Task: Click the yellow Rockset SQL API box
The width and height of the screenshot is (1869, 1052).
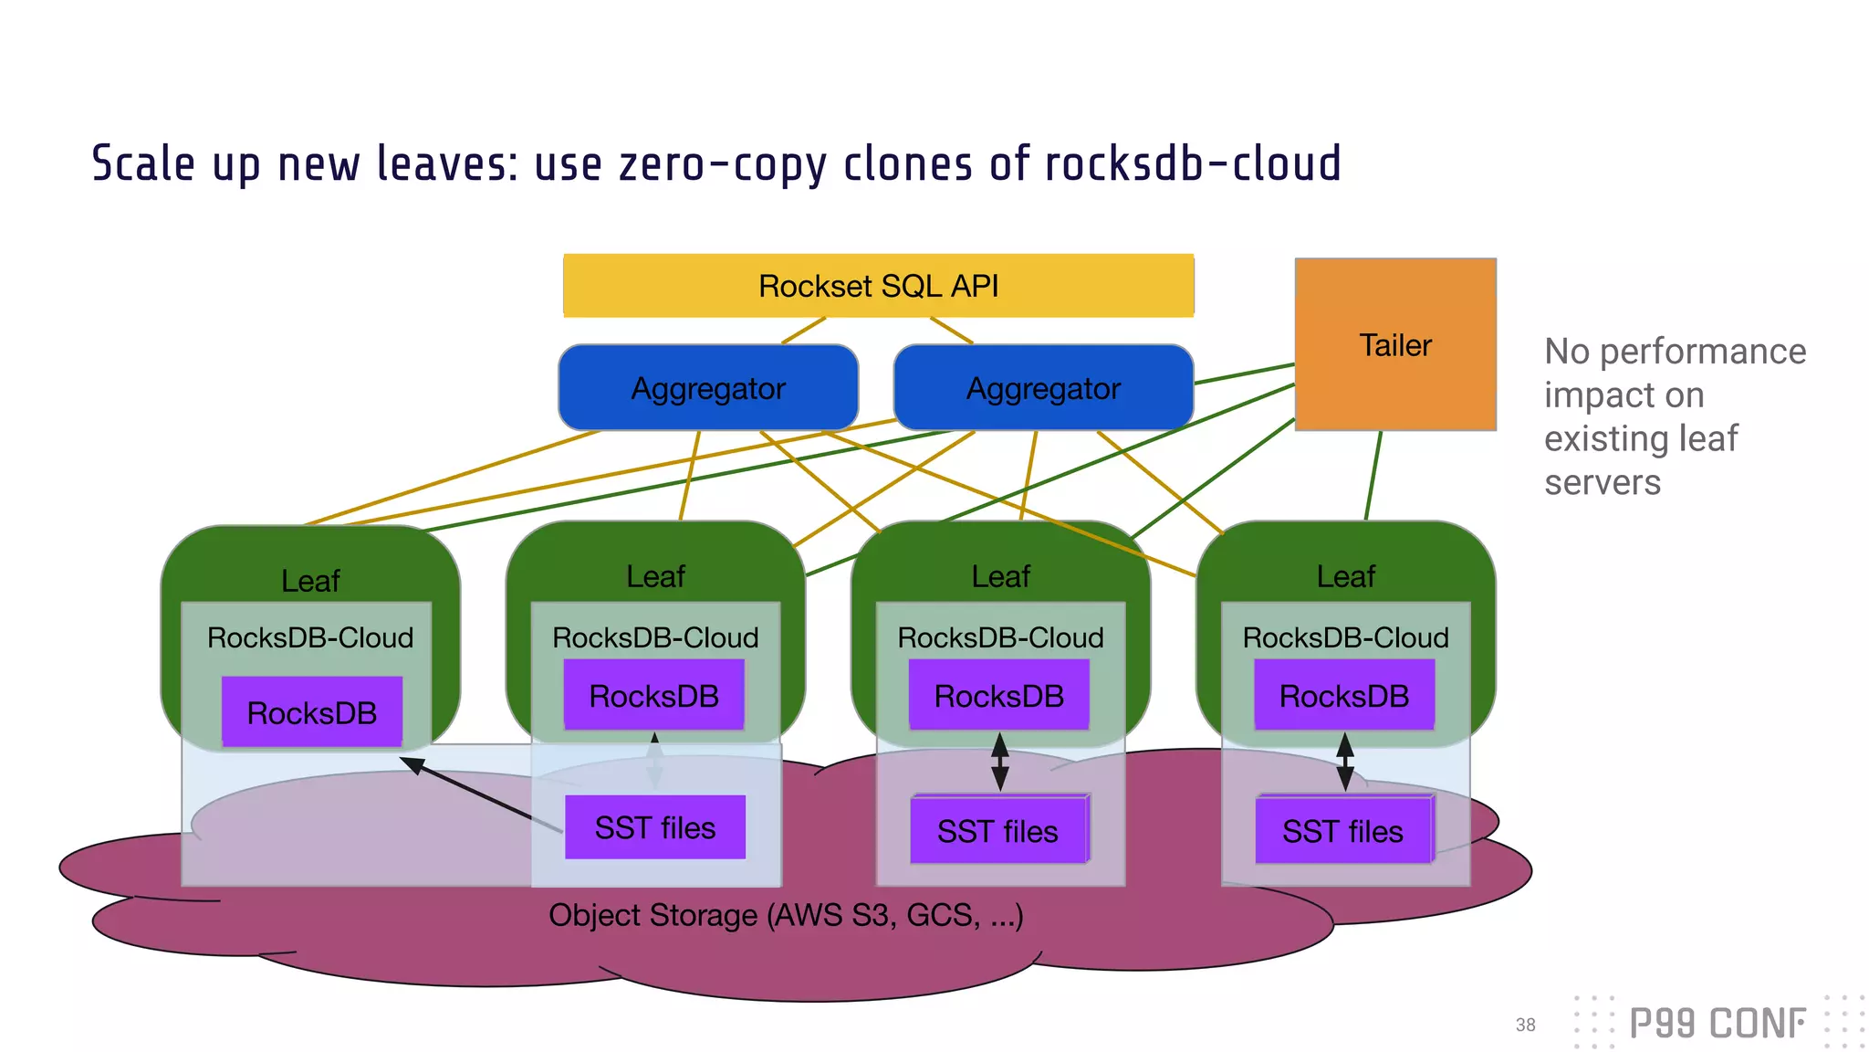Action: (878, 286)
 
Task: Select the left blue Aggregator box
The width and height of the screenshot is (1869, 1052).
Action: (707, 388)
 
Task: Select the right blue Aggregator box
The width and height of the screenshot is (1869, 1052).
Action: (1043, 388)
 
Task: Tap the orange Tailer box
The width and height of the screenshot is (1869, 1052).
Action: (1394, 345)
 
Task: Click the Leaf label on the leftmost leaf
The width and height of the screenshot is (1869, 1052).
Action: (310, 581)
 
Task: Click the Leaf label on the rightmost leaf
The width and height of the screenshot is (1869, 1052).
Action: (1345, 576)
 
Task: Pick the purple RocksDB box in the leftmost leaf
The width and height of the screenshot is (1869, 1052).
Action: (312, 712)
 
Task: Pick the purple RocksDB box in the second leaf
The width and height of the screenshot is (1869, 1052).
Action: (653, 696)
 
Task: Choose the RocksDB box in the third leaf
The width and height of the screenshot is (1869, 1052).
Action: (998, 696)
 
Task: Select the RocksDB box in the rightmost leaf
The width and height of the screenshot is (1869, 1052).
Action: (1343, 696)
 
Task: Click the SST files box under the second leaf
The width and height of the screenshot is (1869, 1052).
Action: (654, 827)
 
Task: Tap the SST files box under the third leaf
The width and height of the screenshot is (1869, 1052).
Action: (998, 830)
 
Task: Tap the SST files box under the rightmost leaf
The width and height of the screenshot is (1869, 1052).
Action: (1342, 830)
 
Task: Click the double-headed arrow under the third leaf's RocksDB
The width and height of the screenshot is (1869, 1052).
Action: (1000, 762)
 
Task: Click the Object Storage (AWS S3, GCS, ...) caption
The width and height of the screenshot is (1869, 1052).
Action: (786, 914)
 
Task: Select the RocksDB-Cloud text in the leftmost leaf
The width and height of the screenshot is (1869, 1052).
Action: (310, 637)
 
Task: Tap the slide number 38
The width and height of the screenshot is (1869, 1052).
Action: (1525, 1025)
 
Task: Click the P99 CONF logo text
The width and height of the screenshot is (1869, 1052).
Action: (1717, 1024)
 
